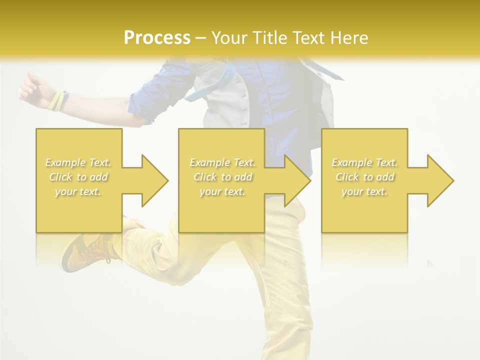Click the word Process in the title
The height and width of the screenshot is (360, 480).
(157, 38)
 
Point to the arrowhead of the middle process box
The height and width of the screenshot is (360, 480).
(297, 180)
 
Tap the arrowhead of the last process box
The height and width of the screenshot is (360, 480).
(440, 180)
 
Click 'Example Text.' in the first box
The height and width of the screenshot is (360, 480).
(78, 162)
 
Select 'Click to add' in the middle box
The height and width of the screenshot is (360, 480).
(222, 177)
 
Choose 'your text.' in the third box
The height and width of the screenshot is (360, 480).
(364, 191)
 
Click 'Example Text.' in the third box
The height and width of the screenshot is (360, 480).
(364, 162)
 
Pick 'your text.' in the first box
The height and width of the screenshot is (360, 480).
(78, 191)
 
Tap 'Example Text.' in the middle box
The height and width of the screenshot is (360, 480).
(222, 162)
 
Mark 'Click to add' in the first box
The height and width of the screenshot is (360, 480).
(78, 177)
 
